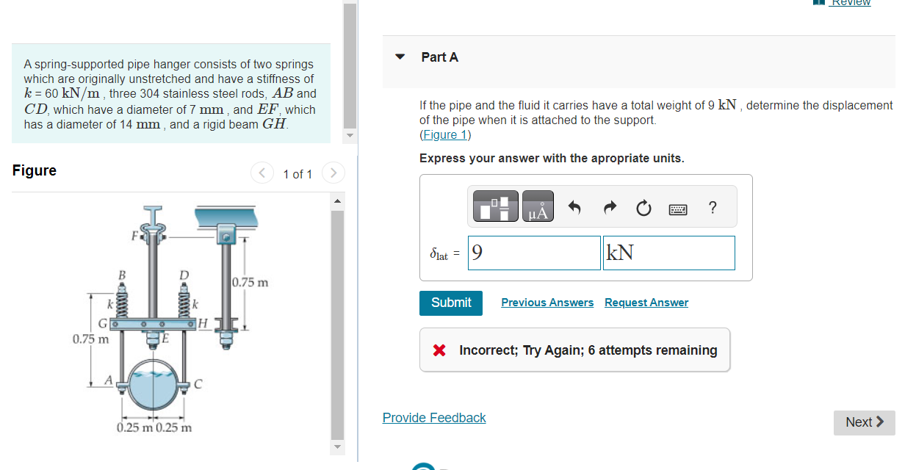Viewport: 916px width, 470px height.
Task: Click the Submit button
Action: click(x=451, y=303)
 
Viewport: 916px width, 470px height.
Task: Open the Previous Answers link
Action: click(x=547, y=303)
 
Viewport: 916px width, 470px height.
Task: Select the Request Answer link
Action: click(x=646, y=303)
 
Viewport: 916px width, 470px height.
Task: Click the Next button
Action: click(x=864, y=422)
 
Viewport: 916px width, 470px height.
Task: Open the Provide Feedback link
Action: click(x=434, y=418)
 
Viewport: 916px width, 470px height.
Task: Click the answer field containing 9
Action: click(x=534, y=253)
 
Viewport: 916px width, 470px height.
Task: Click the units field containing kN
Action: click(x=668, y=253)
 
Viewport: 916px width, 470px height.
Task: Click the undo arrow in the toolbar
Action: click(x=575, y=209)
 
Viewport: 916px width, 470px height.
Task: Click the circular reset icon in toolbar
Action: click(x=643, y=209)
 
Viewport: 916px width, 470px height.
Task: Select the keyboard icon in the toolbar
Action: click(x=678, y=209)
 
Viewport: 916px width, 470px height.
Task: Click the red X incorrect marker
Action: click(x=439, y=350)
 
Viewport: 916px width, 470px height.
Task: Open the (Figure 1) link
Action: click(x=445, y=135)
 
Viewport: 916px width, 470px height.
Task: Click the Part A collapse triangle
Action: click(x=400, y=57)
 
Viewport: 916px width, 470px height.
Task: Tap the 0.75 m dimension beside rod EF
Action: click(x=250, y=282)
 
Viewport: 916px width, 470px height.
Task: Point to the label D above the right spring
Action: click(x=184, y=275)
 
